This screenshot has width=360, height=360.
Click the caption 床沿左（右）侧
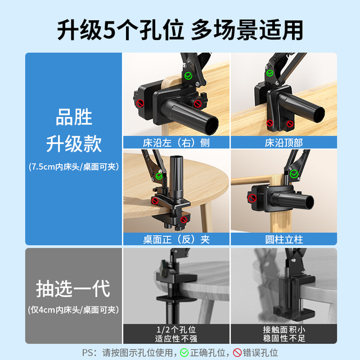176,142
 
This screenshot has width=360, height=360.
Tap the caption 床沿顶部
283,142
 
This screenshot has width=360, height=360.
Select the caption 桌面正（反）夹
176,240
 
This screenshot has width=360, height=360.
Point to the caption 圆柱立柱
283,240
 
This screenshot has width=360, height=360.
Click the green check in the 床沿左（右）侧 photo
188,75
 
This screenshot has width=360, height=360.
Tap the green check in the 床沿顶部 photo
270,73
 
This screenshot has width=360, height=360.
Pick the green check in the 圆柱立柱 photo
294,174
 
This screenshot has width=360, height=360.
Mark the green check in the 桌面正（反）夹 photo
159,176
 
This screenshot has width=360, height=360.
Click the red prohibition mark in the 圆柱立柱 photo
252,198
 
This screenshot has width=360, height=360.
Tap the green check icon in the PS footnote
184,353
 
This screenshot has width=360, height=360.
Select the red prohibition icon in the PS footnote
237,353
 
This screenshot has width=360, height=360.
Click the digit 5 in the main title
109,30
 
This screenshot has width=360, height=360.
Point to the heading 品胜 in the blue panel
74,117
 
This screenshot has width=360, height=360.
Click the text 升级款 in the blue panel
74,143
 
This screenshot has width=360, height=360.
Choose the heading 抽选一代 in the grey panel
73,289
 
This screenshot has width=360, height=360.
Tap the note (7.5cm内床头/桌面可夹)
74,166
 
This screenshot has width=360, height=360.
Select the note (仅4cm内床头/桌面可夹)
74,310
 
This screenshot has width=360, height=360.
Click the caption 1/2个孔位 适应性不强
176,334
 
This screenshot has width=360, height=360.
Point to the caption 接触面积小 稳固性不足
284,334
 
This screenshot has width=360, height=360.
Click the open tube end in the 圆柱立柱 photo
309,202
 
